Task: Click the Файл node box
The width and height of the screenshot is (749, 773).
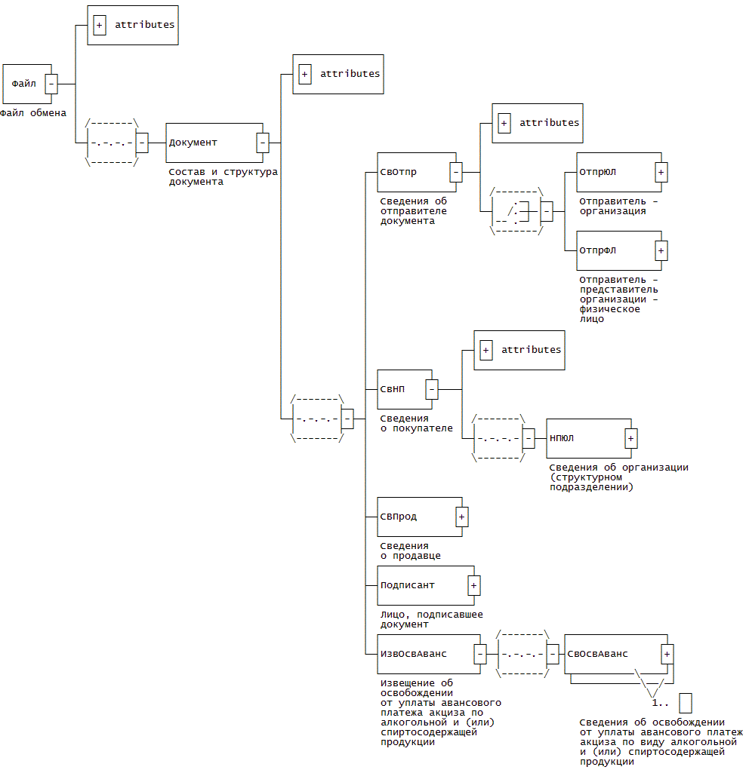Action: (x=24, y=84)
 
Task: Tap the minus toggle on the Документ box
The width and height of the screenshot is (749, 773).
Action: (x=262, y=142)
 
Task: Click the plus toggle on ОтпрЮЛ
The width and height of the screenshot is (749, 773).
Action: (x=661, y=172)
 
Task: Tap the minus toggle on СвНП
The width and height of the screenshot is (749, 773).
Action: (x=432, y=389)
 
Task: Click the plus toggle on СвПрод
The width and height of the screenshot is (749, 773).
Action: (x=461, y=517)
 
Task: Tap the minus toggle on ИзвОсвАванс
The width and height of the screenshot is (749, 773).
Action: (x=479, y=654)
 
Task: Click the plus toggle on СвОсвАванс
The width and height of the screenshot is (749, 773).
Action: (x=667, y=654)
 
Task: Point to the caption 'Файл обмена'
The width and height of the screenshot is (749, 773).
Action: (x=33, y=114)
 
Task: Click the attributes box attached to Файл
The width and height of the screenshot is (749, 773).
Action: (x=133, y=25)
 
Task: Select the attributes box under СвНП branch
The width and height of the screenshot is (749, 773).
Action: (x=519, y=350)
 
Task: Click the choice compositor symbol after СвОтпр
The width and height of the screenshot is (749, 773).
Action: (x=517, y=212)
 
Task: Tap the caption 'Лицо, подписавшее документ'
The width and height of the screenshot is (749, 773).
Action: (x=431, y=619)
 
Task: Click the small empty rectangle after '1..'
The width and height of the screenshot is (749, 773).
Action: (x=686, y=703)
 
